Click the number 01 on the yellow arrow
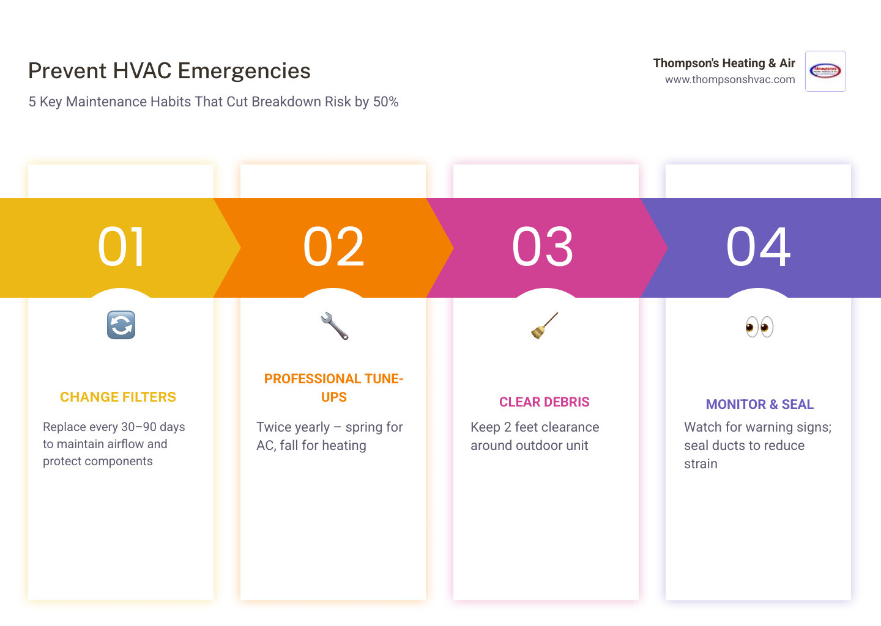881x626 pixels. pos(122,247)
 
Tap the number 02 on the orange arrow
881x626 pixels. pos(334,247)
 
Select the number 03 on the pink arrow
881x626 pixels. pos(543,247)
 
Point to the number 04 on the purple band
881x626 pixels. pos(759,247)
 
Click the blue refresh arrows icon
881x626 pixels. pos(121,325)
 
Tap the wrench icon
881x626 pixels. pos(334,326)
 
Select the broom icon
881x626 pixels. pos(544,325)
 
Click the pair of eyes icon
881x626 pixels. pos(759,327)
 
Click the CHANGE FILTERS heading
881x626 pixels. pos(118,397)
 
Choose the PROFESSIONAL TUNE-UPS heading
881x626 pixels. pos(333,388)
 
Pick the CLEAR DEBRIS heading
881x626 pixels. pos(544,402)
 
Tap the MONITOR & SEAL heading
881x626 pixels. pos(759,405)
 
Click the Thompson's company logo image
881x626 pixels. pos(825,72)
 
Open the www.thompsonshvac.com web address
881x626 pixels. pos(730,79)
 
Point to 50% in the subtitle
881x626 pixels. pos(385,102)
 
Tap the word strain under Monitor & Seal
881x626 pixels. pos(701,464)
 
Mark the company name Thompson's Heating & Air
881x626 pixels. pos(724,64)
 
